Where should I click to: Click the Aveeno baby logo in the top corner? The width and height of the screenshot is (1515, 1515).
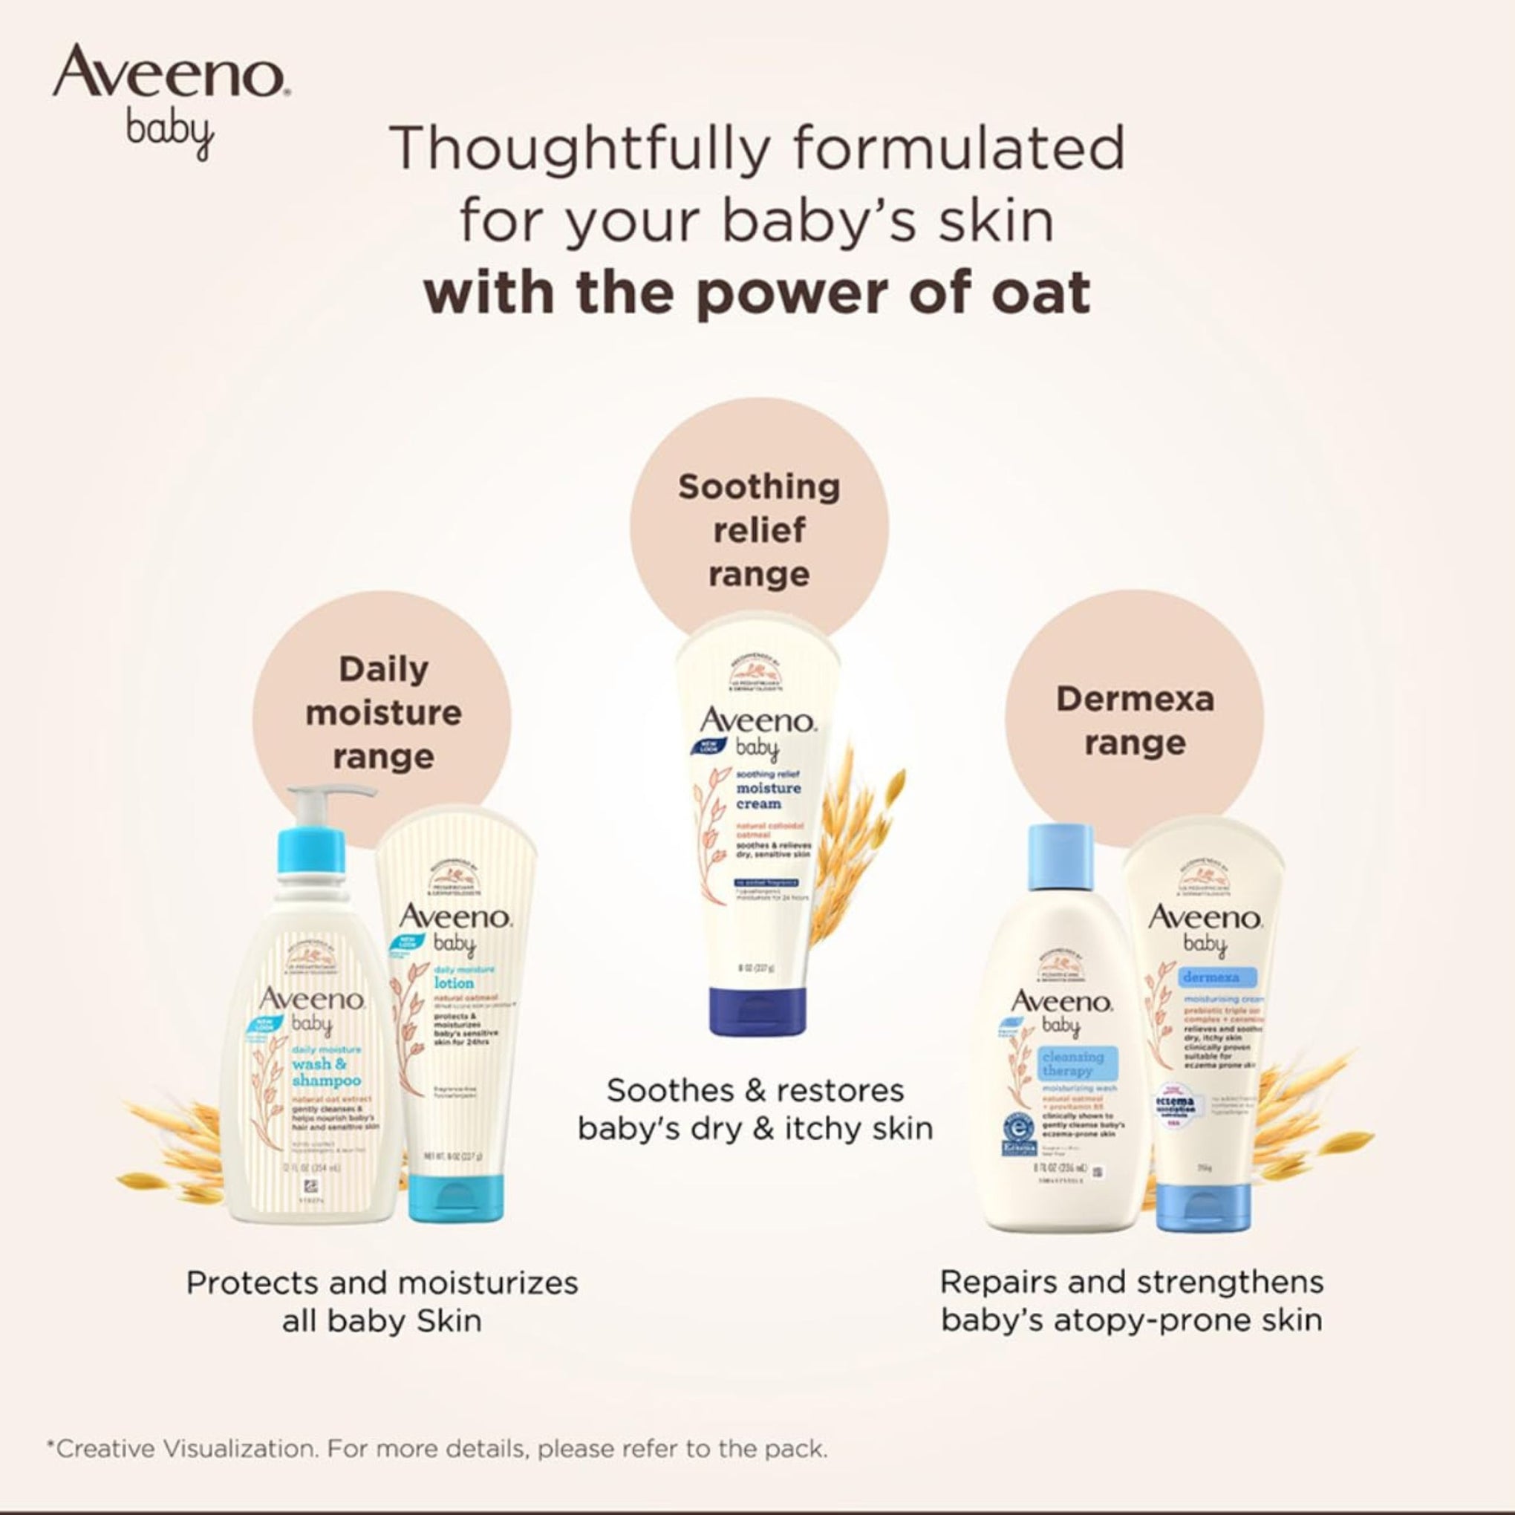[171, 100]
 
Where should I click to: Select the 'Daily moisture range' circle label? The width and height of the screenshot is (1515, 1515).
[382, 713]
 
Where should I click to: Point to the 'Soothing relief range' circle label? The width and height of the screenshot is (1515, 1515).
[758, 530]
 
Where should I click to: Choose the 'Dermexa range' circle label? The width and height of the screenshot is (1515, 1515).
[1134, 720]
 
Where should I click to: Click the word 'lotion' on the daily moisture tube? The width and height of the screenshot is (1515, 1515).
[454, 983]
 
